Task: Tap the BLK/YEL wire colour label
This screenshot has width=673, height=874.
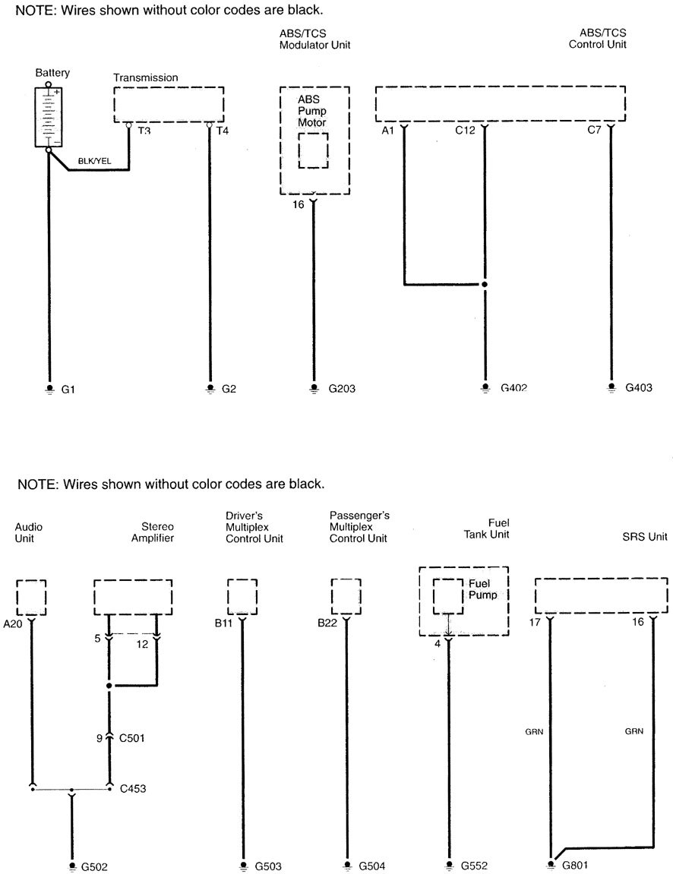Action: point(95,161)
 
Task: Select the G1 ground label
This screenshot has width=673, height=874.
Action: point(68,390)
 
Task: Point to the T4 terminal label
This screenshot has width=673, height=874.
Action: point(223,131)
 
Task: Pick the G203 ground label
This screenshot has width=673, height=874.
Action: point(342,390)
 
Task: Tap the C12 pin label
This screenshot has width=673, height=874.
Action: point(465,131)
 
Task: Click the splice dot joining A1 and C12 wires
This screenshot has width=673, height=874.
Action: point(485,286)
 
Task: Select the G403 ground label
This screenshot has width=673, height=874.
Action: point(639,389)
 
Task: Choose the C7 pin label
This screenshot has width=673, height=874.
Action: point(595,131)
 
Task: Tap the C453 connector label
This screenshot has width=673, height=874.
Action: point(134,788)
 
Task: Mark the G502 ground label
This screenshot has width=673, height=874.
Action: point(94,866)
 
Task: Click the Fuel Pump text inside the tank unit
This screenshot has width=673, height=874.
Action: point(482,589)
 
